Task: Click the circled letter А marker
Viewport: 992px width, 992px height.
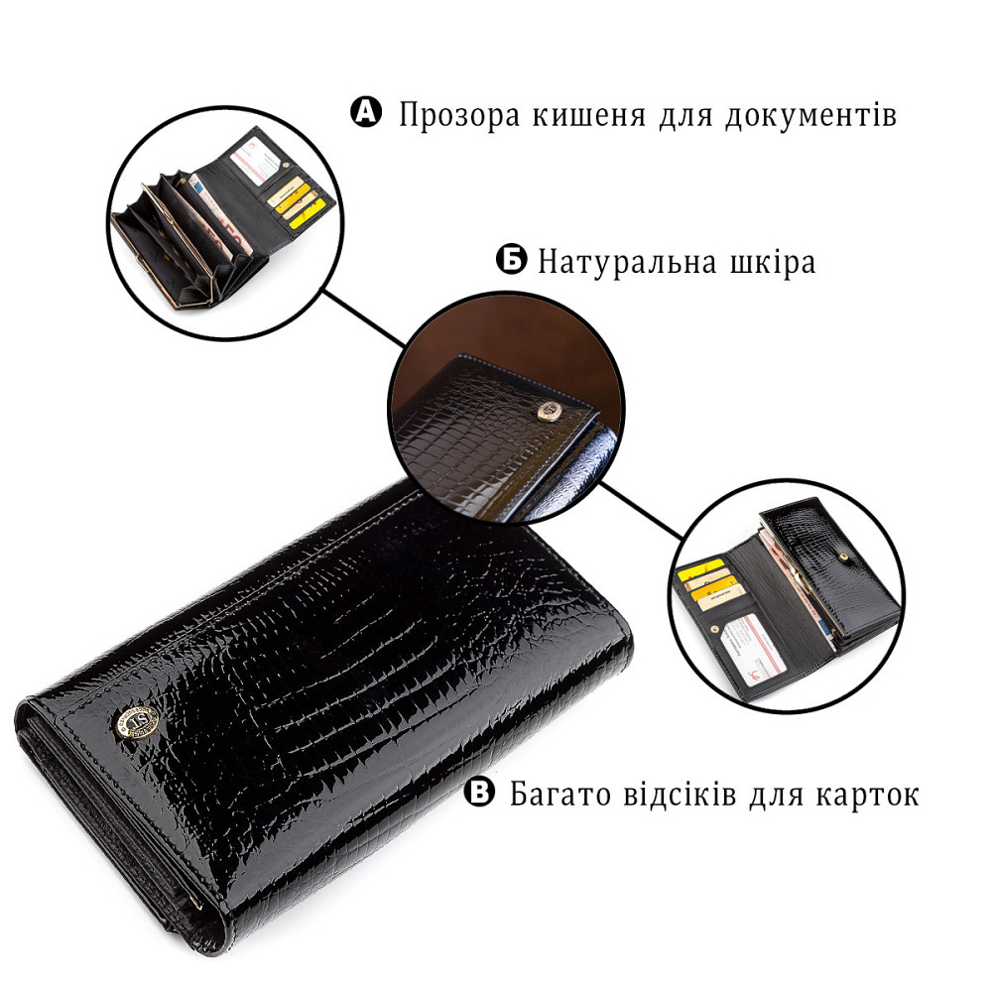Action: [366, 112]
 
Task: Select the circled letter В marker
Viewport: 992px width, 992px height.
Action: [480, 793]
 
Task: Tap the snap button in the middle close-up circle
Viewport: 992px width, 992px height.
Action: [543, 407]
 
